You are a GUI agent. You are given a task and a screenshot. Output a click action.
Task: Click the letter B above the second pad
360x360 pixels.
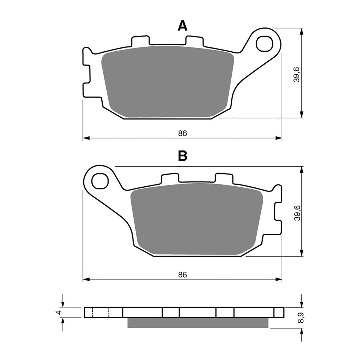[182, 156]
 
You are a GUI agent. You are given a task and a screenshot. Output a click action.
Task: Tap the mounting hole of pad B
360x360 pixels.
[100, 181]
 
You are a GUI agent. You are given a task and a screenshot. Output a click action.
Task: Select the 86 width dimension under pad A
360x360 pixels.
[182, 133]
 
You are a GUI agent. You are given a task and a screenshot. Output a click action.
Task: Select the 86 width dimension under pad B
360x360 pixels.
[182, 275]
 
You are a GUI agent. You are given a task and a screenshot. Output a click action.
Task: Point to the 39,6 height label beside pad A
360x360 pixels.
[297, 74]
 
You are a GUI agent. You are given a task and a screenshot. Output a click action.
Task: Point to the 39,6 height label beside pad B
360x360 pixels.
[297, 212]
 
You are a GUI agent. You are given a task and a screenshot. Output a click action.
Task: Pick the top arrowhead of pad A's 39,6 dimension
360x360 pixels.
[302, 31]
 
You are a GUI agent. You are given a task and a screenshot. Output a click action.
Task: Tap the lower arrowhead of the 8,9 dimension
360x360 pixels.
[302, 331]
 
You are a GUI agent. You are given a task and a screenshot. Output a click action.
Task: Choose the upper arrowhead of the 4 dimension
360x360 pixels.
[63, 304]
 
